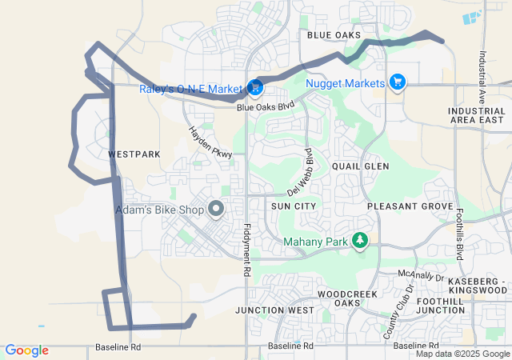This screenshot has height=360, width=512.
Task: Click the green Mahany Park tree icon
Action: (x=360, y=240)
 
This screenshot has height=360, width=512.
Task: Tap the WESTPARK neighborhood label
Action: (x=134, y=154)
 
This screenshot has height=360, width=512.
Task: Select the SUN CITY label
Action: (x=294, y=206)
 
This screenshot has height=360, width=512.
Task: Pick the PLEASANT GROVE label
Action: (x=410, y=206)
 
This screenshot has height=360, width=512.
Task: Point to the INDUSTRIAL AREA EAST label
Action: (x=477, y=115)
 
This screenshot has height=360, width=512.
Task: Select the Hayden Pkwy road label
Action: (x=210, y=142)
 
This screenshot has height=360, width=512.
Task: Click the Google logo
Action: (x=26, y=350)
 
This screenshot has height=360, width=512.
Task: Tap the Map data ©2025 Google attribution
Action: (x=462, y=354)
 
